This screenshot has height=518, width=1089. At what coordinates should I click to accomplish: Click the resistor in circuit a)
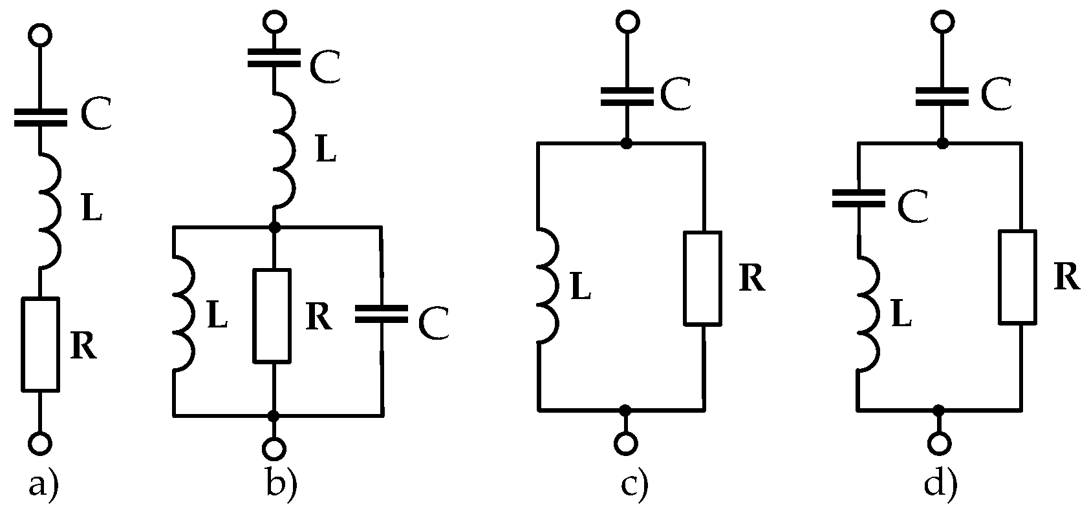(x=41, y=344)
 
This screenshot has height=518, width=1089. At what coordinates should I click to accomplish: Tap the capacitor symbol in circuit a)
(x=40, y=118)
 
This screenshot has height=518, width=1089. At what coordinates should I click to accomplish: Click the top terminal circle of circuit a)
(x=40, y=36)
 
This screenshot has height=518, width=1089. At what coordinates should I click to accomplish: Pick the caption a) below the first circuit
(x=43, y=484)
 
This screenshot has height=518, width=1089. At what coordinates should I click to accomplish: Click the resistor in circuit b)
(x=272, y=315)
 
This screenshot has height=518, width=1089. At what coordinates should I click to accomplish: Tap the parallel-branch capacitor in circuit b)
(x=382, y=314)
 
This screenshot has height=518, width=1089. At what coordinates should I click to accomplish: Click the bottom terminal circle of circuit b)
(x=275, y=448)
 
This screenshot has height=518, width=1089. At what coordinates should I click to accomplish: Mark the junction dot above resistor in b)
(x=274, y=227)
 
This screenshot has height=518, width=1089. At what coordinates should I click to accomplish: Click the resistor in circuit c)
(x=703, y=278)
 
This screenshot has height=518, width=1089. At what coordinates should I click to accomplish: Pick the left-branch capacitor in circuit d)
(x=858, y=198)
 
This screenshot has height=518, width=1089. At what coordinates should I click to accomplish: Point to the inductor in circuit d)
(x=868, y=313)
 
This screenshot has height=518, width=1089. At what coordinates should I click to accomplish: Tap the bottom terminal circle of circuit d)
(x=939, y=443)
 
